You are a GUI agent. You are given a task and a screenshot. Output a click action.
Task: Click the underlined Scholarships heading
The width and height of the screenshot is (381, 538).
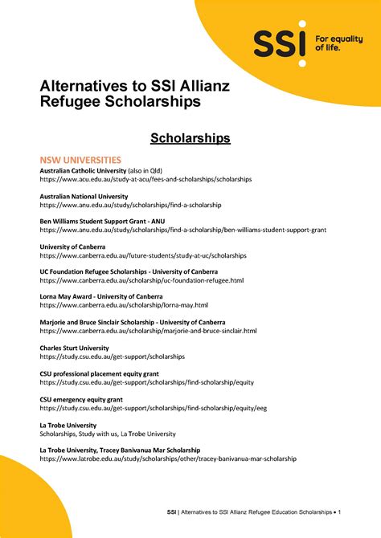[x=190, y=139]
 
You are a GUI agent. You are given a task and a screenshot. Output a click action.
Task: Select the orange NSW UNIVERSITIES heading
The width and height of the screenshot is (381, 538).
[x=80, y=160]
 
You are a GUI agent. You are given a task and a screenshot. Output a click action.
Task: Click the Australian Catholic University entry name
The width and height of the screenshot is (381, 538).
[x=84, y=171]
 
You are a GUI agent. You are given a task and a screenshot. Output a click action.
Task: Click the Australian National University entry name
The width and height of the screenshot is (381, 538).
[x=84, y=197]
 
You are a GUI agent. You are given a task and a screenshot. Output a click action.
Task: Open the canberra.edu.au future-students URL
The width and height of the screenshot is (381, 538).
[x=143, y=255]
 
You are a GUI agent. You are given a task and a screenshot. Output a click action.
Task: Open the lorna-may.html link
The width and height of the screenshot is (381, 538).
[x=124, y=305]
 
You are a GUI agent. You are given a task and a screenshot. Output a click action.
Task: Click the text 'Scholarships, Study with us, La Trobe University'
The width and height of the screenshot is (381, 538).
[x=108, y=434]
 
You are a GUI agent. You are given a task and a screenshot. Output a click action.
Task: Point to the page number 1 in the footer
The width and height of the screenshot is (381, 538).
[x=340, y=512]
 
